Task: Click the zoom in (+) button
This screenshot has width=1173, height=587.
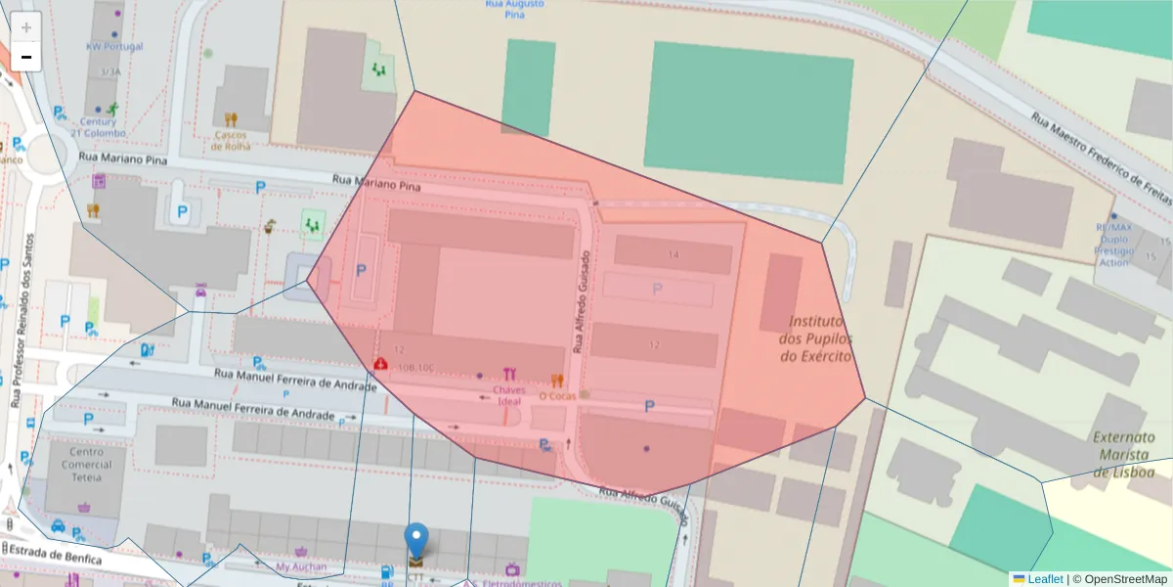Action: (x=26, y=26)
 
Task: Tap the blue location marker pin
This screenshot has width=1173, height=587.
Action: (x=416, y=541)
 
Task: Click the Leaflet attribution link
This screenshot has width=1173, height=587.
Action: (x=1044, y=579)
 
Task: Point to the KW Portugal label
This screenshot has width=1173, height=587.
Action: (x=114, y=47)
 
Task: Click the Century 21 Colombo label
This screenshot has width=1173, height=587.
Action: (x=98, y=127)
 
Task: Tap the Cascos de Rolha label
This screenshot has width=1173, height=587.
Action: (x=231, y=141)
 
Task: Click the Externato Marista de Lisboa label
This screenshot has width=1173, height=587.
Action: (x=1122, y=454)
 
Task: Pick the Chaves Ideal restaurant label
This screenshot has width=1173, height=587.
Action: (x=509, y=396)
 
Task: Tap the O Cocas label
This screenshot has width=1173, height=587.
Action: (x=557, y=396)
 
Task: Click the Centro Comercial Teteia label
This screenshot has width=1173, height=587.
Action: (x=87, y=467)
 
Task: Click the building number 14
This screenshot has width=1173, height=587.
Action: (x=673, y=255)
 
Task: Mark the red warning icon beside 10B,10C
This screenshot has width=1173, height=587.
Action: (x=379, y=364)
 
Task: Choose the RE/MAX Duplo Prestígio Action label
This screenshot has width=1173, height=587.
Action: (x=1113, y=245)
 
